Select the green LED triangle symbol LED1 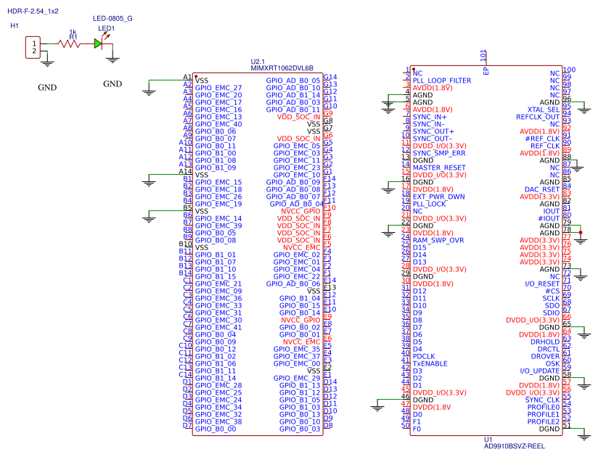pos(99,44)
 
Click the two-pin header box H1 pos(33,48)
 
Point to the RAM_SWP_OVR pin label pos(438,240)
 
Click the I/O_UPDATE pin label pos(539,371)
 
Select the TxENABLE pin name pos(430,363)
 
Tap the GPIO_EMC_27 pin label pos(218,88)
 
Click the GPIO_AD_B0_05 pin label pos(293,81)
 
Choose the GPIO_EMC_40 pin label pos(218,124)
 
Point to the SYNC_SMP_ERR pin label pos(439,153)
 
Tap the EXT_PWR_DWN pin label pos(438,197)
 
